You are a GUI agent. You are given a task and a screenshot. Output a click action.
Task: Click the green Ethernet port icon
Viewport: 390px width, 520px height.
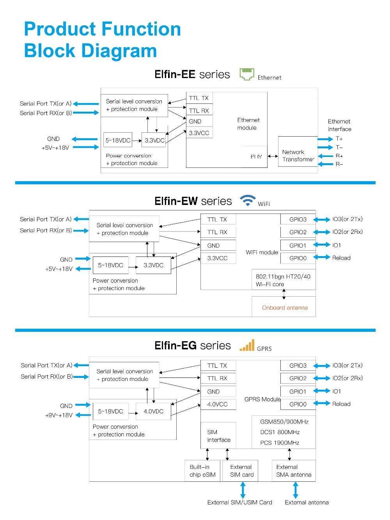coord(246,74)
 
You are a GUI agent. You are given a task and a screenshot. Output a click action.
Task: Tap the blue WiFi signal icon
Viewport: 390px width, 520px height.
coord(248,200)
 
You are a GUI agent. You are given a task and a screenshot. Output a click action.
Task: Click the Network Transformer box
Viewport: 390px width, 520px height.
coord(298,151)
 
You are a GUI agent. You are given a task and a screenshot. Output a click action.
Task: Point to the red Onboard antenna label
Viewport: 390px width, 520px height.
coord(284,307)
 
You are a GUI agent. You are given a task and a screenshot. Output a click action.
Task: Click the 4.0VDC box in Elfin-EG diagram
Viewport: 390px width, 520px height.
coord(153,411)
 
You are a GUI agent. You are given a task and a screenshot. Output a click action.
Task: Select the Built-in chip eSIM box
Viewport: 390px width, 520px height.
coord(202,470)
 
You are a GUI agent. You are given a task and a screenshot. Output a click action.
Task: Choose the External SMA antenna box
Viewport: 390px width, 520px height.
coord(293,470)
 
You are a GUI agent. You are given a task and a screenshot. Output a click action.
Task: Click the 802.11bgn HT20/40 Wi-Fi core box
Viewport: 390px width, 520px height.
coord(283,279)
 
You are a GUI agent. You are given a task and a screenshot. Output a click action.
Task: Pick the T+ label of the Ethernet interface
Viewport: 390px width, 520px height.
coord(339,139)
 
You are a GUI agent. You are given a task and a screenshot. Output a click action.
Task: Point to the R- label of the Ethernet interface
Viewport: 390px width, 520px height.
coord(339,164)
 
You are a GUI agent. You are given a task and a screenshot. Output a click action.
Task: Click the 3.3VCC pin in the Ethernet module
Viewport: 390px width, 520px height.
coord(199,133)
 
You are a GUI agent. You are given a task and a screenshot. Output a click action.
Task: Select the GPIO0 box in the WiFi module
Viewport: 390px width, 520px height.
coord(298,258)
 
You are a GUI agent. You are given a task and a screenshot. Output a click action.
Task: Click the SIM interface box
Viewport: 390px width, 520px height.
coord(218,435)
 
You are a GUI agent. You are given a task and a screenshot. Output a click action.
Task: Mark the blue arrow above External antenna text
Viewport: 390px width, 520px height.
coord(295,490)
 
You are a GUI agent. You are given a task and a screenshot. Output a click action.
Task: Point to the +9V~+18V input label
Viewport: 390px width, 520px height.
coord(58,415)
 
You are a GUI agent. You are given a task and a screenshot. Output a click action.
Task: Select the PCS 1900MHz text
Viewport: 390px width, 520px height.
coord(280,443)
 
